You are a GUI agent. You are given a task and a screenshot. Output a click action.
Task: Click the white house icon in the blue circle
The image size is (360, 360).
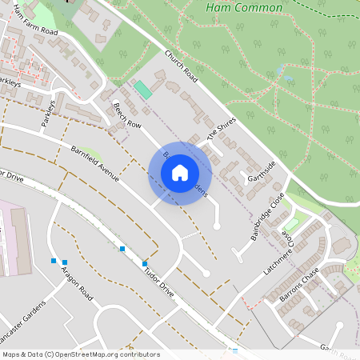click(180, 173)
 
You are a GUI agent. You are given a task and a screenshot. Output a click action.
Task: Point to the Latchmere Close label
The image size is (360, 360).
click(289, 248)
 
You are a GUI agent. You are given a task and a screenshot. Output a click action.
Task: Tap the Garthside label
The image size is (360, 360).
click(262, 170)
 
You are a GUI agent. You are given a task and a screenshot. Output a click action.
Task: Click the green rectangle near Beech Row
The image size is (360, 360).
click(142, 90)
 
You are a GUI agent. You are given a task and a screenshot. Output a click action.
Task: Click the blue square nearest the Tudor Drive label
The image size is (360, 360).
click(145, 264)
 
